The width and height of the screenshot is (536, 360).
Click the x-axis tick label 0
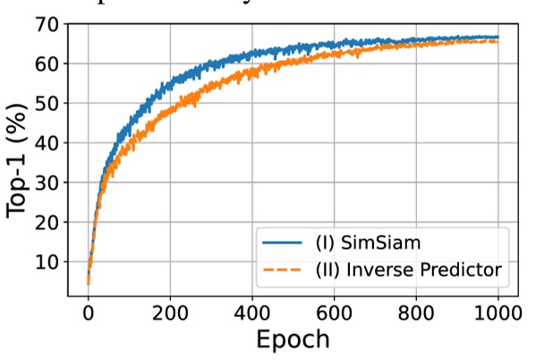[88, 313]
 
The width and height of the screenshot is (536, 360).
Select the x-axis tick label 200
[170, 313]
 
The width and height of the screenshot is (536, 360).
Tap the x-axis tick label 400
[251, 313]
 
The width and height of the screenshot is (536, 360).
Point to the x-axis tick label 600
[334, 313]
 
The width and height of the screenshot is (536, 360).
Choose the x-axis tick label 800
[416, 313]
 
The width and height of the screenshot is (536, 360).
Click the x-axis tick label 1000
[498, 313]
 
